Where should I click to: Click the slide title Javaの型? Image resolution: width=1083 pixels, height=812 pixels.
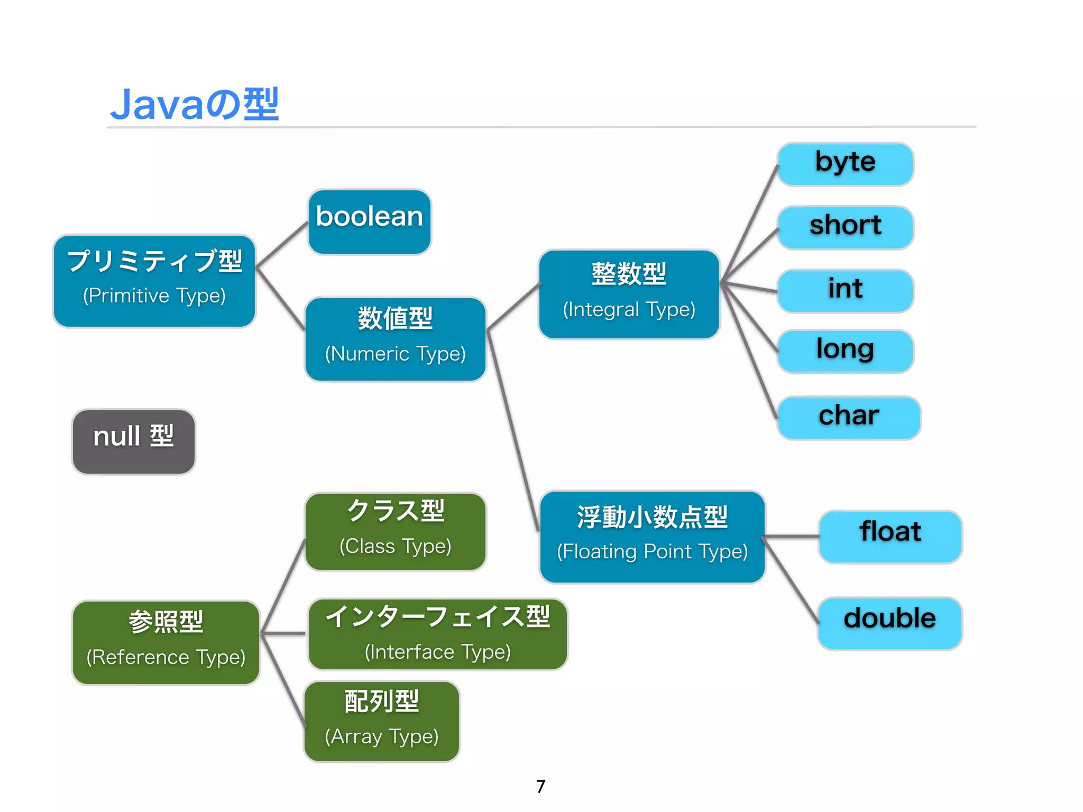click(x=194, y=104)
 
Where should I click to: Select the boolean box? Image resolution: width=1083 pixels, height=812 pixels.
click(x=370, y=222)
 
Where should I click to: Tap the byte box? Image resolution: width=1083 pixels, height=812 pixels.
click(x=845, y=164)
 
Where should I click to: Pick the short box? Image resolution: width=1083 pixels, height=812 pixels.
click(x=845, y=227)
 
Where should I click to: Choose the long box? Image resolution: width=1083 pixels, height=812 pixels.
click(x=845, y=351)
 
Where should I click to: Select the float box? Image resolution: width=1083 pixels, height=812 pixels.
click(x=890, y=537)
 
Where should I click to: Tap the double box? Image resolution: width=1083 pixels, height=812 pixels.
click(x=890, y=623)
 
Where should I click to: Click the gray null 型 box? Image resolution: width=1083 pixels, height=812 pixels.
click(x=134, y=441)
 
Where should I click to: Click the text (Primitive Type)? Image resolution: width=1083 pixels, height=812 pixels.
click(x=154, y=296)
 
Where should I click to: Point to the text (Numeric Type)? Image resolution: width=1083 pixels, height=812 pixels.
click(x=395, y=354)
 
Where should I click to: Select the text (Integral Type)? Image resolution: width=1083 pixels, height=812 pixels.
click(x=629, y=309)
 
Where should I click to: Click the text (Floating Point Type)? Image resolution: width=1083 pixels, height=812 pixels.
click(x=652, y=551)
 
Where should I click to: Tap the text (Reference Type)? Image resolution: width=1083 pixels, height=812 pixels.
click(x=166, y=657)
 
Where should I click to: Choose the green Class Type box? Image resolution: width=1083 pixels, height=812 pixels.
click(x=395, y=531)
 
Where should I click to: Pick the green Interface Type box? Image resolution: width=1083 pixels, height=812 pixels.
click(x=437, y=634)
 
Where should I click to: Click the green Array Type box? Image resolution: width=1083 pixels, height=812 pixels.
click(x=381, y=721)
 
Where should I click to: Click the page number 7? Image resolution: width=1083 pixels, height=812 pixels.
click(x=540, y=787)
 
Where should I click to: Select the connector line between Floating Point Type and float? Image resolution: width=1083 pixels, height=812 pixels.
click(x=792, y=537)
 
